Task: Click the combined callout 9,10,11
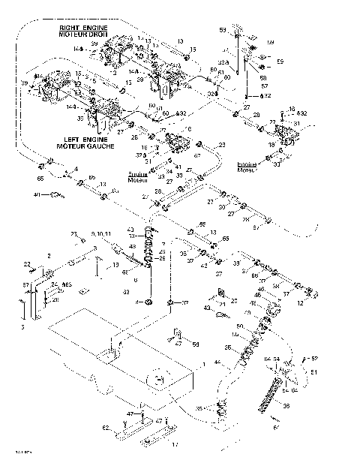pos(100,235)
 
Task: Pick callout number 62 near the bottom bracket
pos(106,427)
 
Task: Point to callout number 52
pos(314,358)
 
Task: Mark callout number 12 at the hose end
pos(321,303)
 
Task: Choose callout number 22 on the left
pos(25,263)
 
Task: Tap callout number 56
pos(195,344)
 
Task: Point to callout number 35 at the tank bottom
pos(198,409)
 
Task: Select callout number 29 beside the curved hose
pos(222,144)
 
